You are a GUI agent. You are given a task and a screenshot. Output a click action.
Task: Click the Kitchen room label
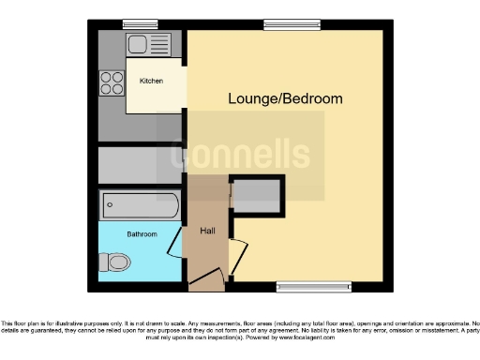click(151, 82)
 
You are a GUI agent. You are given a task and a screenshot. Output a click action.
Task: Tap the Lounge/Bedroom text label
click(285, 98)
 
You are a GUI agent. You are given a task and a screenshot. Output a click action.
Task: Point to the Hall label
click(207, 230)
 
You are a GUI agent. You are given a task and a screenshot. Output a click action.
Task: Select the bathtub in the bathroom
click(140, 203)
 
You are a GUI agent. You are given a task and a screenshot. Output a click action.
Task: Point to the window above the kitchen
click(140, 24)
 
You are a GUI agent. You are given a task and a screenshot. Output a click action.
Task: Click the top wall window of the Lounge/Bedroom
click(280, 24)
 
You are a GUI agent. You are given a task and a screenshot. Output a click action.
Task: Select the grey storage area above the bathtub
click(140, 165)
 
